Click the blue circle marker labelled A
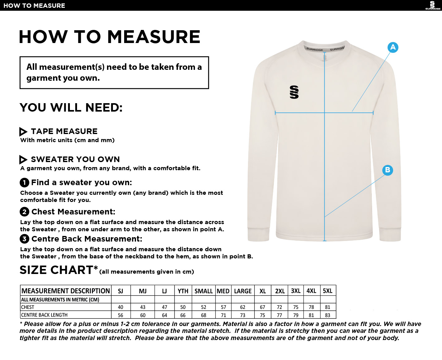[x=393, y=47]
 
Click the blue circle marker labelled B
[x=387, y=170]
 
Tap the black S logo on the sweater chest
[x=294, y=92]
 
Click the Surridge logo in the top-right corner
[x=432, y=5]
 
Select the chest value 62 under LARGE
[x=243, y=307]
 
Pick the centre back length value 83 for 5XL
[x=328, y=315]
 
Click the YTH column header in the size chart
[x=183, y=291]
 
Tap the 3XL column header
[x=296, y=291]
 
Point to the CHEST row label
[x=28, y=307]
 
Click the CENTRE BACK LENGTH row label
[x=44, y=315]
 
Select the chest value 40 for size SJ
[x=120, y=307]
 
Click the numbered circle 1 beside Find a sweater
[x=24, y=183]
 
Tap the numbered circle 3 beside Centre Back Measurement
[x=24, y=239]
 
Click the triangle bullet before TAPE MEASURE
[x=23, y=132]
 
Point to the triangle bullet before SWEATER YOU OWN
[x=23, y=160]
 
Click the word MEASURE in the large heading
[x=154, y=37]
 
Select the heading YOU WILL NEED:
[x=71, y=108]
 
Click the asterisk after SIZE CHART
[x=96, y=267]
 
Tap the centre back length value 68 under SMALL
[x=204, y=315]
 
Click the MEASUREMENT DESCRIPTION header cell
[x=66, y=291]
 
